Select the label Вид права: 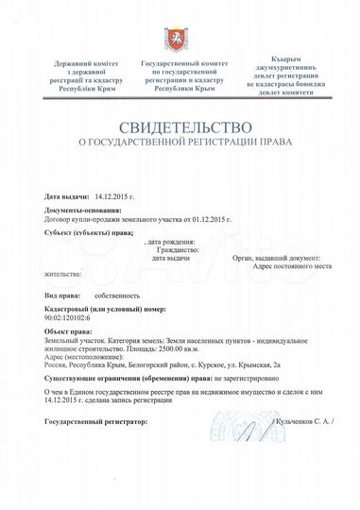click(x=63, y=295)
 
